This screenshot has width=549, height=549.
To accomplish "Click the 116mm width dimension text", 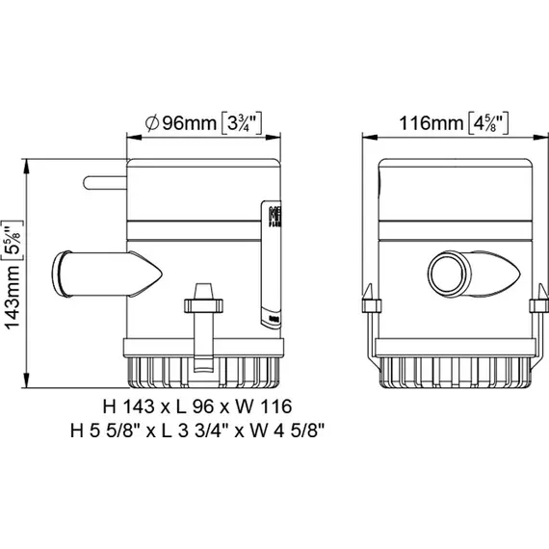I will click(x=428, y=123).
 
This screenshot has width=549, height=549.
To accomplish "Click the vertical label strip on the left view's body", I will click(x=273, y=260).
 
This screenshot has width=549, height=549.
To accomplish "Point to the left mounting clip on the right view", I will click(x=366, y=308).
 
